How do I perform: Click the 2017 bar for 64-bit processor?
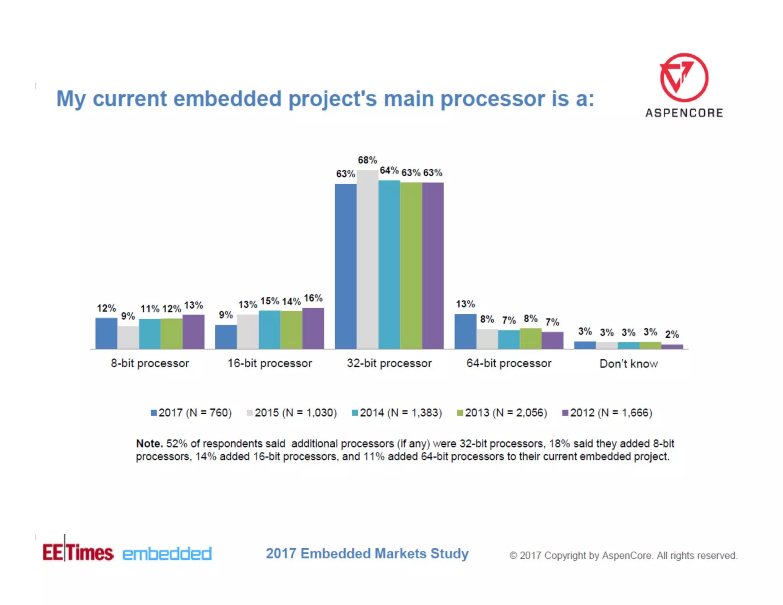click(465, 331)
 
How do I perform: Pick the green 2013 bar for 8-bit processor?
click(171, 333)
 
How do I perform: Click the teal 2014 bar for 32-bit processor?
click(389, 265)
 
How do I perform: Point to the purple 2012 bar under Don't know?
click(672, 346)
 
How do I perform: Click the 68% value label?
click(367, 160)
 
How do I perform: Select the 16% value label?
click(313, 298)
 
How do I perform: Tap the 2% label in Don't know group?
click(672, 334)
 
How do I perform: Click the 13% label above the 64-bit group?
click(465, 304)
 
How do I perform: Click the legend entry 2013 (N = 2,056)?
click(502, 413)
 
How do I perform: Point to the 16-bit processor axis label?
click(270, 363)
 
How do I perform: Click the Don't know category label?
click(629, 363)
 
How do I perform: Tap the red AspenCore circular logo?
click(684, 78)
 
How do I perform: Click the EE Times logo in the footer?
click(78, 552)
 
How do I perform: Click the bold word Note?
click(149, 444)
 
